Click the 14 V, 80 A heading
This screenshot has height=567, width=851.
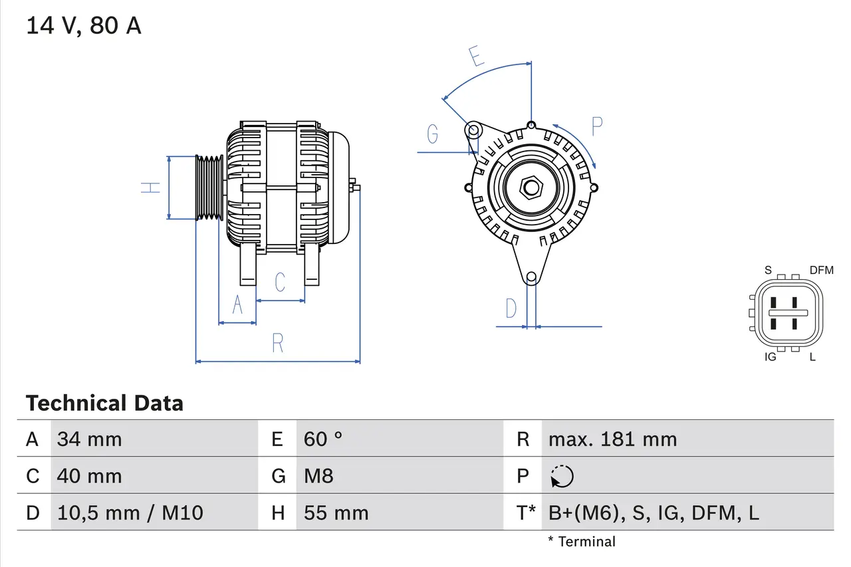84,26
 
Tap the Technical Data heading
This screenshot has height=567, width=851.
104,403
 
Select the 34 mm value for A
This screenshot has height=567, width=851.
90,439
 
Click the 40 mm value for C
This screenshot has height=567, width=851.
90,476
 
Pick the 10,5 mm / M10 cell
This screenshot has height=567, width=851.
130,512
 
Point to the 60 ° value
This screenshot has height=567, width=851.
323,439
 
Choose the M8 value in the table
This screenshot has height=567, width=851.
318,476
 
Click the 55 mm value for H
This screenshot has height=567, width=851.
336,512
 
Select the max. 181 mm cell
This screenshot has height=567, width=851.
612,439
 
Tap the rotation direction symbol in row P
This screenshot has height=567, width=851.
562,476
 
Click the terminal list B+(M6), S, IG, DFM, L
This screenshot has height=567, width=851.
654,512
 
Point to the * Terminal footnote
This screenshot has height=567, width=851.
582,542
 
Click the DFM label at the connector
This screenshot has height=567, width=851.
821,270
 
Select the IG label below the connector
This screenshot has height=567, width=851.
771,358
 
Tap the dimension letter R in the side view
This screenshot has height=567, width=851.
278,344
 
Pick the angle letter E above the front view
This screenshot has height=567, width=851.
475,57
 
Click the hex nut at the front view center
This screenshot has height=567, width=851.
530,187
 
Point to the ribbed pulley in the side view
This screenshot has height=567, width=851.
209,187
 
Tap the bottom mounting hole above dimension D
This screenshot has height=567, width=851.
531,277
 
